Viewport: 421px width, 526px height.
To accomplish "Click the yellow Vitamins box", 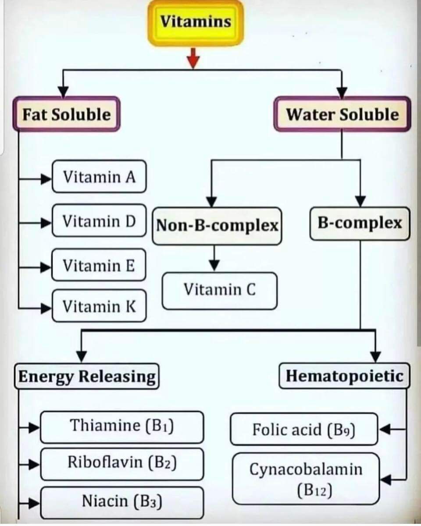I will [x=196, y=22].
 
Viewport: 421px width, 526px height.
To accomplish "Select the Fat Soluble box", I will [x=67, y=115].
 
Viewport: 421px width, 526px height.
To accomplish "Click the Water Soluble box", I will [x=342, y=115].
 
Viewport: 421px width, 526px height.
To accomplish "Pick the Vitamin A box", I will [x=99, y=177].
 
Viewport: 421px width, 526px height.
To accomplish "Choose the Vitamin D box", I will [x=99, y=221].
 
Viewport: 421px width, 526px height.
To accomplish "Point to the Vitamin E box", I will [x=99, y=265].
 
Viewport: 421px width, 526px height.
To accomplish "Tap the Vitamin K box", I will [x=99, y=306].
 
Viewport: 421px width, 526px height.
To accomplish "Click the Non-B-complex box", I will [x=217, y=226].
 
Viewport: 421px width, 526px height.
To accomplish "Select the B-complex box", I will [x=360, y=224].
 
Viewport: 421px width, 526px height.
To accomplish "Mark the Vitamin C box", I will [x=219, y=290].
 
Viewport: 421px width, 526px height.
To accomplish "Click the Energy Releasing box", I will [x=87, y=377].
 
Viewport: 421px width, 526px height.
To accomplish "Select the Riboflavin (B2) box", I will [x=122, y=463].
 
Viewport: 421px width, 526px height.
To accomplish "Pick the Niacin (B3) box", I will [x=122, y=501].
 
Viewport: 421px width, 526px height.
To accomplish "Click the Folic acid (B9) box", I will [x=303, y=429].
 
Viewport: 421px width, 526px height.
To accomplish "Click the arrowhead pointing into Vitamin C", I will [x=214, y=266].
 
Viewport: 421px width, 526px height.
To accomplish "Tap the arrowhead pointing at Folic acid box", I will [x=384, y=430].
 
